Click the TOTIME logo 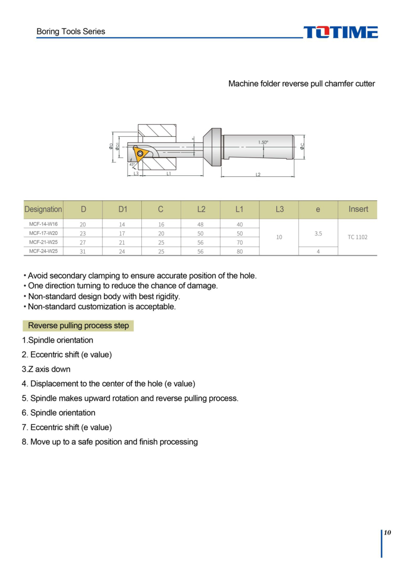coord(341,32)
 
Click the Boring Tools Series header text coord(70,32)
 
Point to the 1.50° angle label coord(263,142)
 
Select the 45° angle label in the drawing coord(132,164)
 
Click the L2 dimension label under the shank coord(258,175)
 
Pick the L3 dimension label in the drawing coord(136,174)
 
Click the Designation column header coord(43,209)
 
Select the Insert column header coord(358,209)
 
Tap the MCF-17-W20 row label coord(43,233)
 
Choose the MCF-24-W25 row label coord(43,251)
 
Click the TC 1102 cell coord(357,237)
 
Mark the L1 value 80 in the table coord(240,252)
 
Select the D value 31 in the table coord(83,252)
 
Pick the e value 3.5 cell coord(318,233)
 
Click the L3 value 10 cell coord(279,237)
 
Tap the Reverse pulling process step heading coord(78,326)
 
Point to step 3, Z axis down coord(46,369)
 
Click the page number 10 coord(387,533)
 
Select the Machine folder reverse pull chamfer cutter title coord(301,84)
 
